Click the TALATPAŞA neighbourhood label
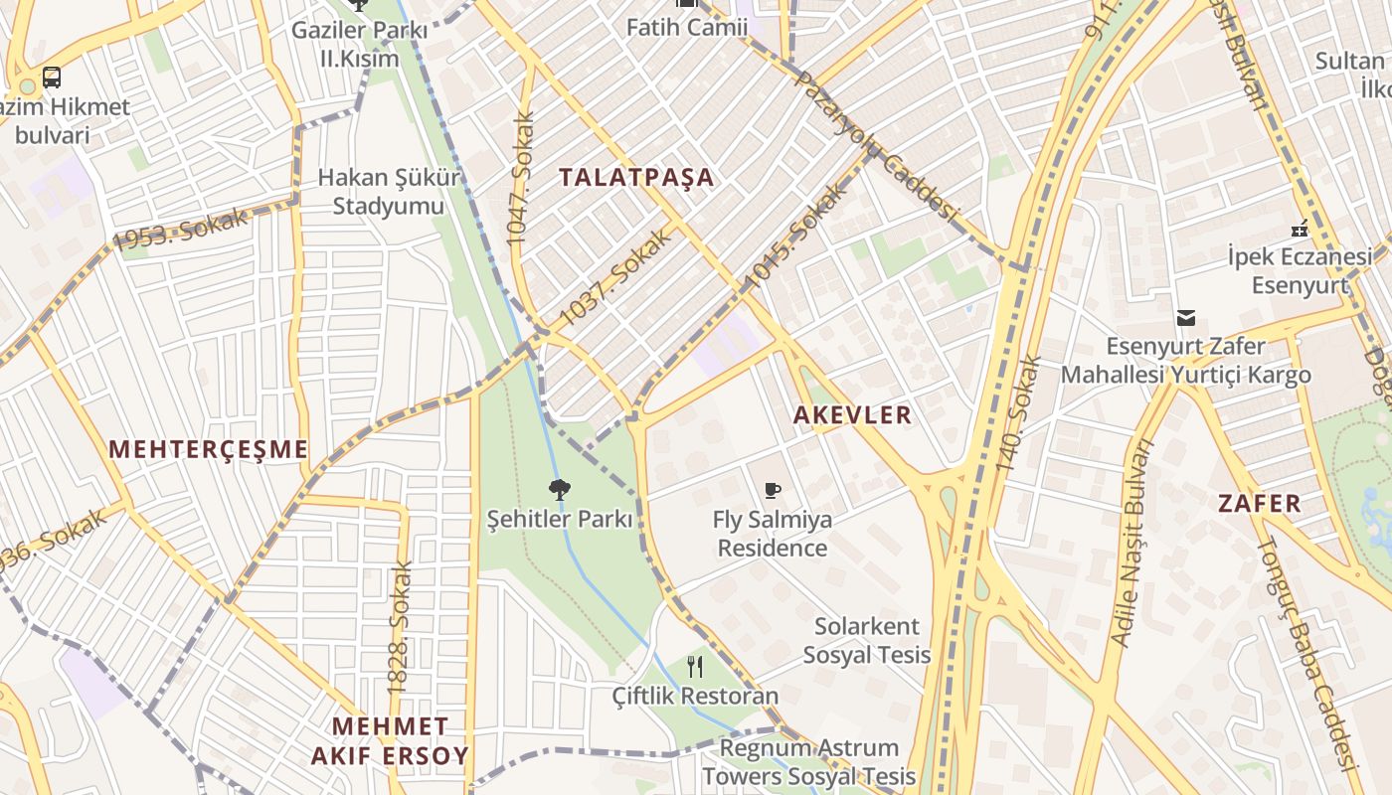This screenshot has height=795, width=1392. click(636, 178)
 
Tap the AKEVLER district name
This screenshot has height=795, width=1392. click(852, 415)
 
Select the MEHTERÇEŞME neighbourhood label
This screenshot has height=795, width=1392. click(209, 449)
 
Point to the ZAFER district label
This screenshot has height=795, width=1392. click(1260, 503)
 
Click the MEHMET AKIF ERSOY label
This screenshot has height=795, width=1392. click(390, 741)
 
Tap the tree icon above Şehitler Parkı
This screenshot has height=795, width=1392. click(559, 489)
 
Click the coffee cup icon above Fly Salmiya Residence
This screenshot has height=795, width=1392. click(773, 490)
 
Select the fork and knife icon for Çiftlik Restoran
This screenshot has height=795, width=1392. click(695, 667)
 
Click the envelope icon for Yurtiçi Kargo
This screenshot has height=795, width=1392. click(1185, 318)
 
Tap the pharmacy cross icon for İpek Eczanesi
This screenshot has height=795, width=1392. click(1299, 230)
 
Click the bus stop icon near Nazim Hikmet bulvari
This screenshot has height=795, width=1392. click(51, 77)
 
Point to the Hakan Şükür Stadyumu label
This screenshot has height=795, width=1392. click(389, 192)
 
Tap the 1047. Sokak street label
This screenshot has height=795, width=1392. click(520, 179)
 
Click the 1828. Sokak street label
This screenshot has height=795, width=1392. click(400, 626)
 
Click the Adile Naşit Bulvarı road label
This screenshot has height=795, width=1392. click(1133, 542)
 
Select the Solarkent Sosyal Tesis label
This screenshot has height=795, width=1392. click(867, 641)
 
